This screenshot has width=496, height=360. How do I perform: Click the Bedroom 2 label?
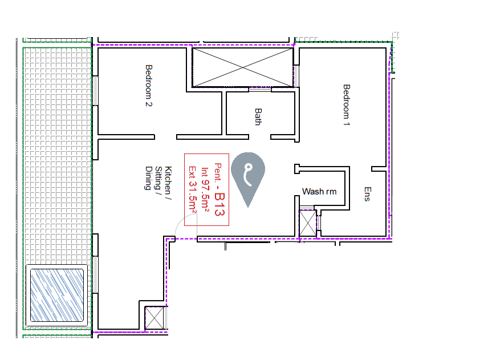coord(149,86)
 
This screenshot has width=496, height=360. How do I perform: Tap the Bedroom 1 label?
coord(347,105)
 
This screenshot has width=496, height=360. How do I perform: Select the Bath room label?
coord(258,117)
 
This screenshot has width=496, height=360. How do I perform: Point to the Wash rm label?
coord(319,192)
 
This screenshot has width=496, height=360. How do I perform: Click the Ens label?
coord(367,194)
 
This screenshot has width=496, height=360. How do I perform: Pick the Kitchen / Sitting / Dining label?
coord(158,178)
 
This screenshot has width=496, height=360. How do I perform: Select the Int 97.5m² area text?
coord(205,189)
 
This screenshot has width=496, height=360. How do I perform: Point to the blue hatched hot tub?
coord(57,295)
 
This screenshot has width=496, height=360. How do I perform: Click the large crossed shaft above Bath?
coord(243,67)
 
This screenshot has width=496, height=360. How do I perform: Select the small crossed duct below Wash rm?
coord(308,224)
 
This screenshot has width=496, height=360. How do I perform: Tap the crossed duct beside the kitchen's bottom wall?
coord(155,318)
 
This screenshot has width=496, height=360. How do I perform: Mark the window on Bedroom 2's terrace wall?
coord(95,91)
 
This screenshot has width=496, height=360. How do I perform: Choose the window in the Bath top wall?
coord(260,90)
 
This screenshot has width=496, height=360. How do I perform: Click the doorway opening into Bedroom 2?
coord(165,137)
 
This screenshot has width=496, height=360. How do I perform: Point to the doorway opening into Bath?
coord(259,137)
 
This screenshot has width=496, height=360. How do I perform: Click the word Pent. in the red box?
coord(218,173)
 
